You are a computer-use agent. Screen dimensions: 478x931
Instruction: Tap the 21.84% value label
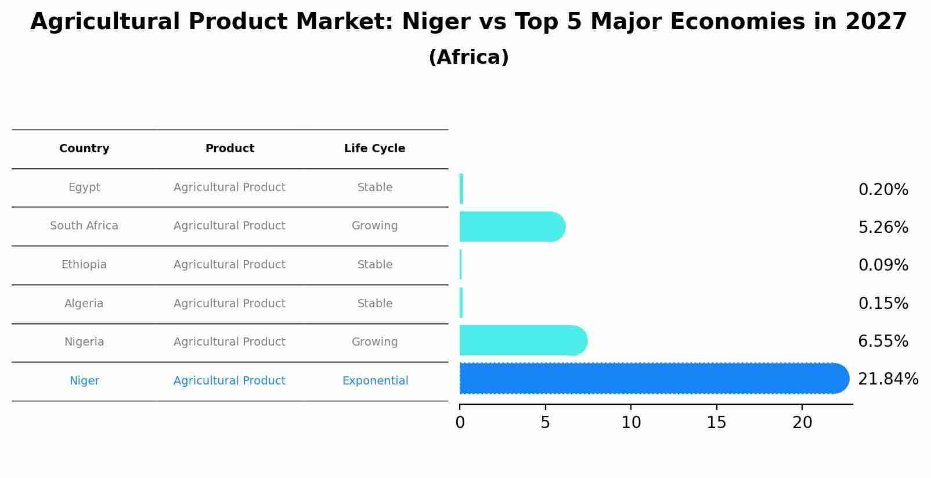(x=887, y=379)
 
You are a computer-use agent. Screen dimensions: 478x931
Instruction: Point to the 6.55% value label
(x=883, y=342)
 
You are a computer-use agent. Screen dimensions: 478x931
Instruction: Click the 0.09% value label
(x=883, y=265)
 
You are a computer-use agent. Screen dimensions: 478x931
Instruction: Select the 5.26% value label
(x=883, y=228)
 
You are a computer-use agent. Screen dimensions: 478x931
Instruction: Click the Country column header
(x=84, y=149)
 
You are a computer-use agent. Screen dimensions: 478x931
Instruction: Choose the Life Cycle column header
(x=374, y=149)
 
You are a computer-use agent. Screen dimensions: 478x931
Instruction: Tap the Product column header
(x=229, y=149)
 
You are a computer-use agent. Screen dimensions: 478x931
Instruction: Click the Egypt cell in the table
(x=84, y=188)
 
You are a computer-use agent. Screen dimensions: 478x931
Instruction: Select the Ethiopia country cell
(x=84, y=265)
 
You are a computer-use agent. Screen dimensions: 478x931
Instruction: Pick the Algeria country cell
(x=84, y=304)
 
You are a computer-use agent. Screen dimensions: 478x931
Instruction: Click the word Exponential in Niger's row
(x=375, y=381)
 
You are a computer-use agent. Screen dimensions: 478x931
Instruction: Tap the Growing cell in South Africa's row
(x=374, y=226)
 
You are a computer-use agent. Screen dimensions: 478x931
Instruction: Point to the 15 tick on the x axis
(x=716, y=423)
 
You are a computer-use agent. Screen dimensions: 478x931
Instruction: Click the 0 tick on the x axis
(x=460, y=423)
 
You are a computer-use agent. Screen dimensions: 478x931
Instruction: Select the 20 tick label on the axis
(x=802, y=423)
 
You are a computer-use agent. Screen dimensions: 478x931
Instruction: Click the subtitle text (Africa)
(x=468, y=57)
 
